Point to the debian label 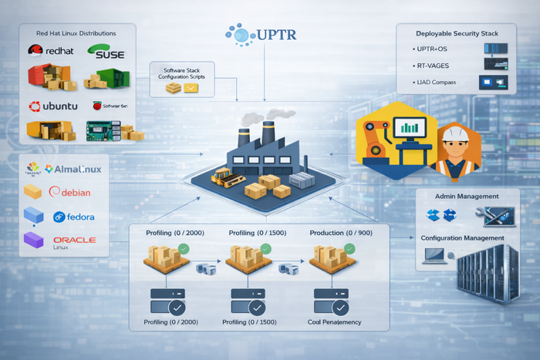[x=72, y=192]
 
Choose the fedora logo [x=74, y=217]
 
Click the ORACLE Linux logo [x=75, y=241]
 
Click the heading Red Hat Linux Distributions [x=76, y=34]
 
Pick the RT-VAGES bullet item [x=434, y=66]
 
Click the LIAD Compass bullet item [x=435, y=82]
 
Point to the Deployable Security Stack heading [x=456, y=34]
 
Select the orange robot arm [x=371, y=135]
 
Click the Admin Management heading [x=467, y=197]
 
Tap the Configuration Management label [x=463, y=238]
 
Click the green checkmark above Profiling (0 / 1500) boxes [x=265, y=248]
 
